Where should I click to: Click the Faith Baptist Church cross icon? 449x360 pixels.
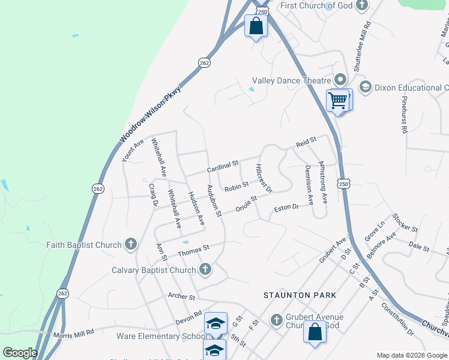(131, 244)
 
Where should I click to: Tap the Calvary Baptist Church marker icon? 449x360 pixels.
(205, 269)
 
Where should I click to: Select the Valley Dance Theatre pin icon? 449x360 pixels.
(340, 80)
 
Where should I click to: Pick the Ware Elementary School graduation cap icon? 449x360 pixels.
(215, 323)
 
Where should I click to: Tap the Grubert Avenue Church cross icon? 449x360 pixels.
(277, 319)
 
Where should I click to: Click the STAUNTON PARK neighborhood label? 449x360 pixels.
(300, 295)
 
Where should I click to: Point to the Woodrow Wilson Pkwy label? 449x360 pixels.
(149, 113)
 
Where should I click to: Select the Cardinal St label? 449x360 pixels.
(223, 166)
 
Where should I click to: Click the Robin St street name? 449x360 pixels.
(237, 188)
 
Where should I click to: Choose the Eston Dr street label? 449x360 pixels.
(286, 208)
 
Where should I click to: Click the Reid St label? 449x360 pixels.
(306, 143)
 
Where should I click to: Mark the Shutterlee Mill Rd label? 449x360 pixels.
(363, 48)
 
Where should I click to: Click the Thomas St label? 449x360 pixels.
(193, 248)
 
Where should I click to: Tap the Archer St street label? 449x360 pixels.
(182, 296)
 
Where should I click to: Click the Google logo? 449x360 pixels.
(20, 353)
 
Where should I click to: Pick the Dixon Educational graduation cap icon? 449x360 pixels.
(365, 87)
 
